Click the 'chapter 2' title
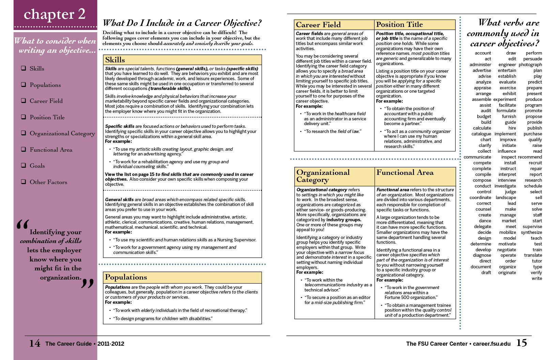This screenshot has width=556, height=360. click(x=55, y=14)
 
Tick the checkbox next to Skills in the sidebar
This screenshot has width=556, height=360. click(x=24, y=68)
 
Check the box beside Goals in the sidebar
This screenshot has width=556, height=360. click(x=24, y=165)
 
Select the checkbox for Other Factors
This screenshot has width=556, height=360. click(x=24, y=182)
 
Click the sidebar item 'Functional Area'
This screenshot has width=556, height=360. click(x=51, y=150)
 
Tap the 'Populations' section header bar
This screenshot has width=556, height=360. click(x=182, y=277)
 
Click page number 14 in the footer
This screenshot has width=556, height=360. click(x=34, y=343)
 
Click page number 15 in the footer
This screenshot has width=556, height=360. click(x=522, y=343)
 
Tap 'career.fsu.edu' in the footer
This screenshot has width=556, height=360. click(x=492, y=344)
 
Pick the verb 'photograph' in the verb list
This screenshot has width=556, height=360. click(x=530, y=65)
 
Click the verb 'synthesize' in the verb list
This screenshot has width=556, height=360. click(x=531, y=232)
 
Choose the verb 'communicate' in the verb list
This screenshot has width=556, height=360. click(x=477, y=157)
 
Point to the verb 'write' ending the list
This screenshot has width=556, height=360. click(x=537, y=279)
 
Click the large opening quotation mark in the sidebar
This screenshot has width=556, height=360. click(x=22, y=224)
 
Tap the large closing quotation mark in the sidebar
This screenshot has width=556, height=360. click(x=87, y=283)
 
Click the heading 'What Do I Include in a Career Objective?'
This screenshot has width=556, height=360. click(x=182, y=23)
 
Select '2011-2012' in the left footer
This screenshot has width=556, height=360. click(x=111, y=344)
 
